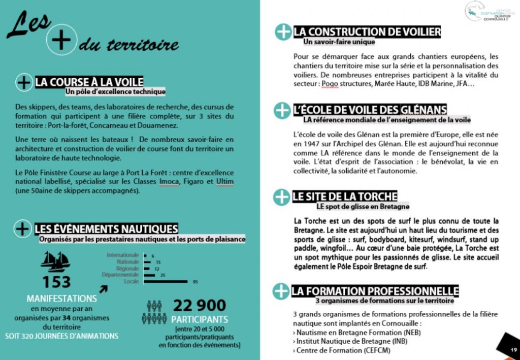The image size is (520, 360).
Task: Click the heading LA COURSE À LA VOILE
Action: point(89,82)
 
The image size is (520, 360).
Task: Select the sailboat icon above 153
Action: point(55,261)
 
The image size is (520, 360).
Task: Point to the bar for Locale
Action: point(166,281)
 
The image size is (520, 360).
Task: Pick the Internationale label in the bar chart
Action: point(122,255)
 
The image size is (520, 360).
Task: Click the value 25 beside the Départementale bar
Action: point(163,275)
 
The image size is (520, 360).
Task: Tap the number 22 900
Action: point(200,305)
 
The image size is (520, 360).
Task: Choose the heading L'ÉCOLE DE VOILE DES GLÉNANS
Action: point(370,110)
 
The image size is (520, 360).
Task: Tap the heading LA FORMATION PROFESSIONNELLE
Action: point(375,291)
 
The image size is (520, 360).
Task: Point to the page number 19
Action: point(513,350)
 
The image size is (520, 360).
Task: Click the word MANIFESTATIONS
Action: point(62,299)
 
